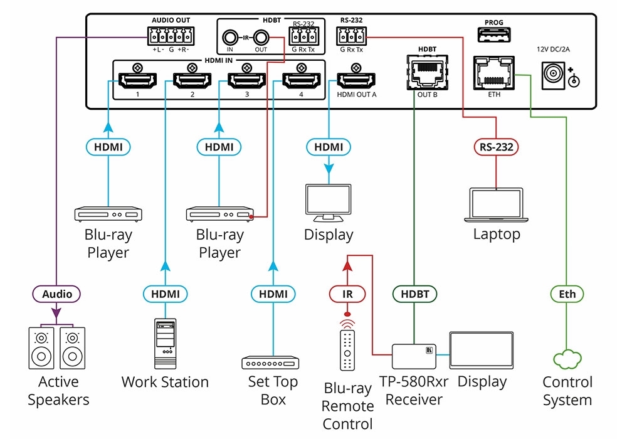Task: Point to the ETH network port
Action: pyautogui.click(x=493, y=74)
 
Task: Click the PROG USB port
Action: pyautogui.click(x=493, y=37)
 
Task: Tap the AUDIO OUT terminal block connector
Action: pyautogui.click(x=166, y=35)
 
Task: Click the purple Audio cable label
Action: pyautogui.click(x=57, y=294)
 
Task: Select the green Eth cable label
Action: pyautogui.click(x=567, y=294)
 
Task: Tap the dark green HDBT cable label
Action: pyautogui.click(x=414, y=294)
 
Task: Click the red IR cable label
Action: pyautogui.click(x=347, y=294)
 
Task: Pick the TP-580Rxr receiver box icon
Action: pyautogui.click(x=414, y=356)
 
